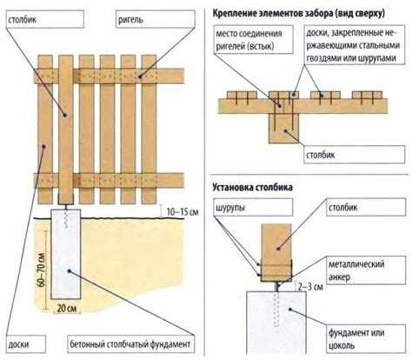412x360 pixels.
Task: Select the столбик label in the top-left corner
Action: [32, 17]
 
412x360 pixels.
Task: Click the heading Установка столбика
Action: [262, 188]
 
